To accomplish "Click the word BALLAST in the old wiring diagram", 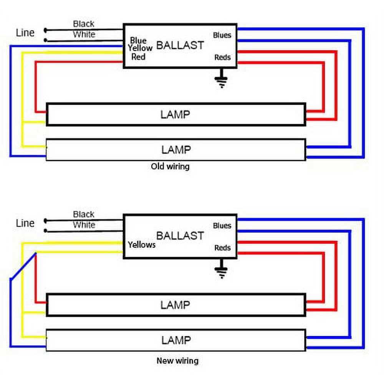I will [180, 45].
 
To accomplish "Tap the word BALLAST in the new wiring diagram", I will [180, 235].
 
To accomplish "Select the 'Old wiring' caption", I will [170, 167].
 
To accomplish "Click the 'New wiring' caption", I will [177, 361].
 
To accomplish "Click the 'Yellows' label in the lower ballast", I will [142, 245].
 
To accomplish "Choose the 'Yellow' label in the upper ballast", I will [141, 48].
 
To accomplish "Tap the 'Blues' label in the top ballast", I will [222, 35].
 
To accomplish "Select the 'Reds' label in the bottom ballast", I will [223, 248].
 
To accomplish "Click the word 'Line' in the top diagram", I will [25, 33].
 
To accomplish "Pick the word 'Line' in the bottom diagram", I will [25, 223].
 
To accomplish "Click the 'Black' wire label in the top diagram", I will [84, 24].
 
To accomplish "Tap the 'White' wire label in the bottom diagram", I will [84, 225].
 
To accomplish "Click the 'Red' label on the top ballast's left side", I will [138, 57].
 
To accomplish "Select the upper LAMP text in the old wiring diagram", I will [175, 114].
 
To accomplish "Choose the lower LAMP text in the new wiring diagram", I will [175, 340].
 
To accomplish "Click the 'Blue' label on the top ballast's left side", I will [138, 41].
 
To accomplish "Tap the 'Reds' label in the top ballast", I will [223, 58].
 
